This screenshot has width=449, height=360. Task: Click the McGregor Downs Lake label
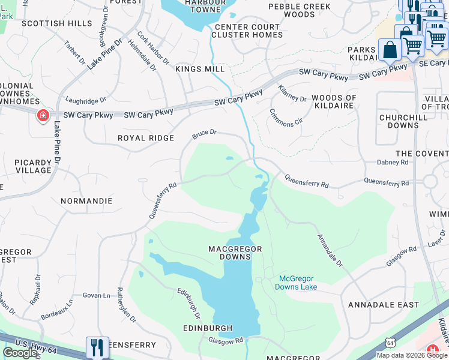(x=297, y=283)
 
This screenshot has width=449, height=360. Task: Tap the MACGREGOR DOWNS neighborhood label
(x=229, y=253)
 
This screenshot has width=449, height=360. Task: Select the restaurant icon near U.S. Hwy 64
(x=97, y=347)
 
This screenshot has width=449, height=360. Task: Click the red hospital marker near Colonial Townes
(x=43, y=115)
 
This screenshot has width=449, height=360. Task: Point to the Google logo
(x=20, y=353)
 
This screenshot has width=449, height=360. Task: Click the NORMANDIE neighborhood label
(x=86, y=200)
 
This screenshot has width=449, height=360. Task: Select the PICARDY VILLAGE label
(x=25, y=166)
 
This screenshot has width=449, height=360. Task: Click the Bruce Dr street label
(x=204, y=133)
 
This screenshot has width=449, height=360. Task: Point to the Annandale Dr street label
(x=330, y=250)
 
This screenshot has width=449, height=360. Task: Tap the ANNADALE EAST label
(x=384, y=305)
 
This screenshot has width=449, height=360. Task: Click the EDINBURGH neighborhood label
(x=208, y=328)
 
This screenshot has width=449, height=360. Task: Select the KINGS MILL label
(x=199, y=70)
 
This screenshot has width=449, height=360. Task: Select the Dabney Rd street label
(x=392, y=162)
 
